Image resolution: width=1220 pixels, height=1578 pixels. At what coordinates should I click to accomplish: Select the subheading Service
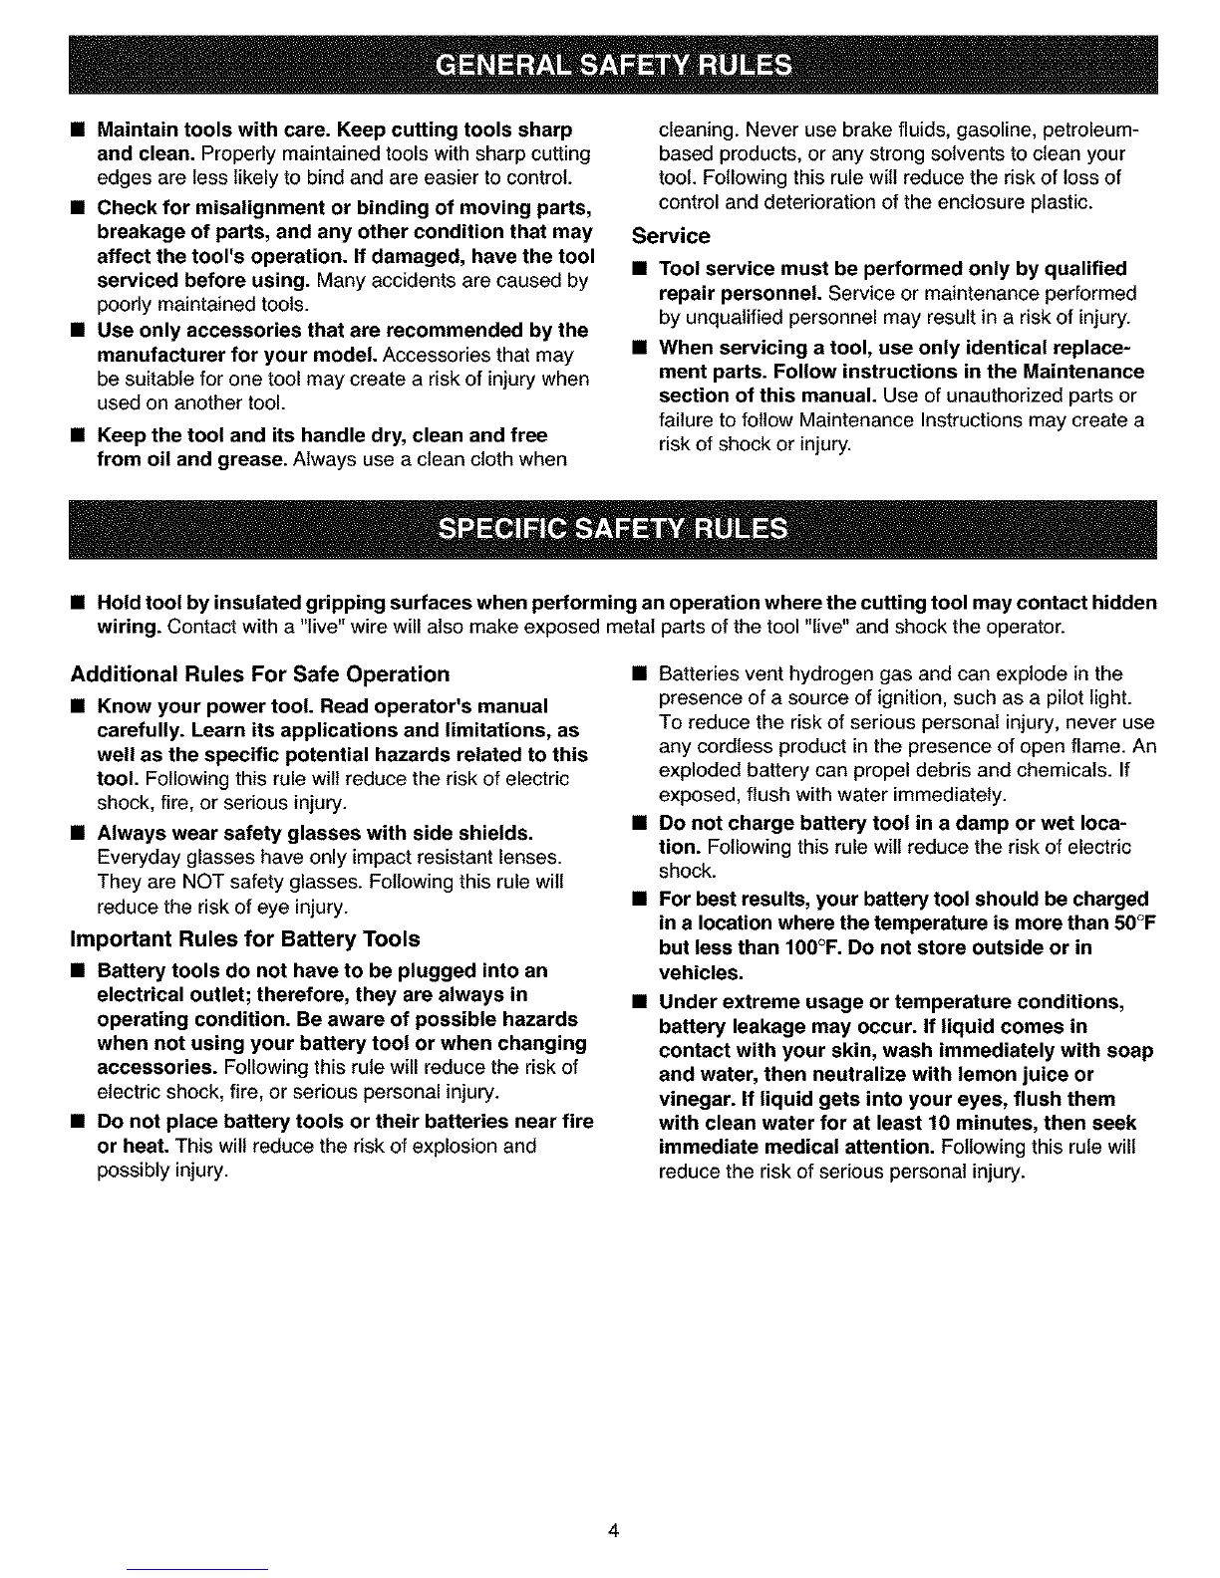(671, 236)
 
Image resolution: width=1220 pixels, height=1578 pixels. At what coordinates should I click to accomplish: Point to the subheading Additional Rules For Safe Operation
(259, 674)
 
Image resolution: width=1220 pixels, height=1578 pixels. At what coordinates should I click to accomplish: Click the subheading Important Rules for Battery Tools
(245, 939)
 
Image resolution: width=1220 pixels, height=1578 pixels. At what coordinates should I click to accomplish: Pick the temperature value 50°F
(1130, 923)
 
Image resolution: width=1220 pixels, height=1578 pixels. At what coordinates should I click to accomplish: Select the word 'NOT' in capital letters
(186, 883)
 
